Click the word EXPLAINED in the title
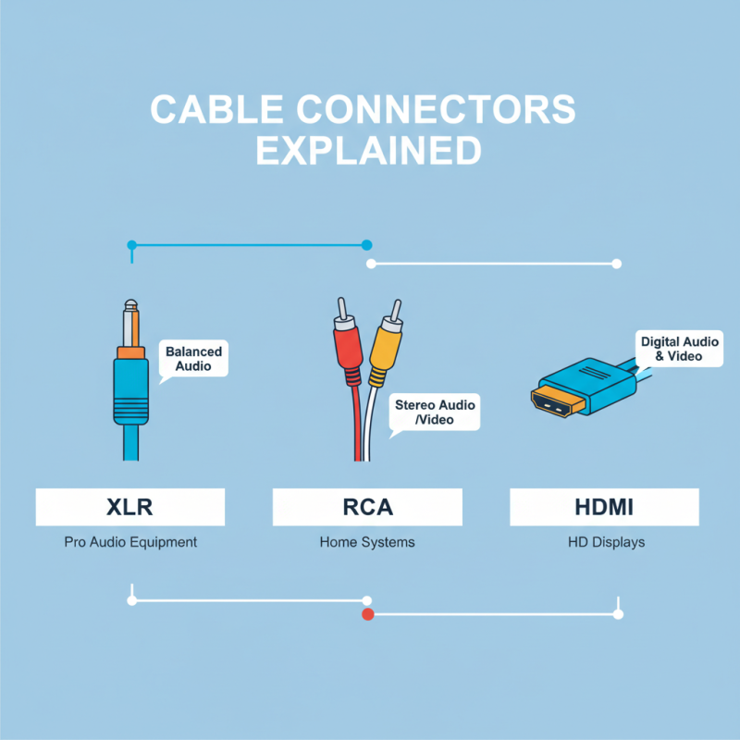368,150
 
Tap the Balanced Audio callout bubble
194,359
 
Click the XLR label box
129,507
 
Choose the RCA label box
367,507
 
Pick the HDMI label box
605,507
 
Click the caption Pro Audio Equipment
130,542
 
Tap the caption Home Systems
367,542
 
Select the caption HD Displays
606,542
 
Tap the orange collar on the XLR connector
129,352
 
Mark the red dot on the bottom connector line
367,614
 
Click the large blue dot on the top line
366,245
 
